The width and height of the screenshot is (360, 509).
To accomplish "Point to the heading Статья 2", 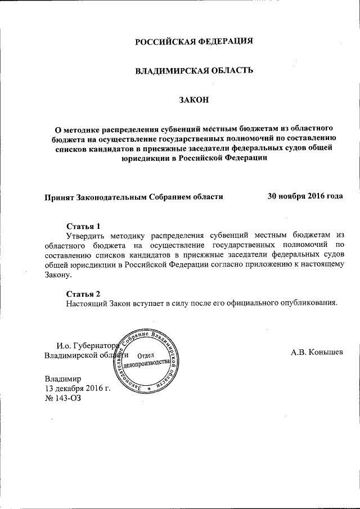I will click(83, 294).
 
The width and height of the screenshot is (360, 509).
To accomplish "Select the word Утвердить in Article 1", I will click(87, 235).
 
